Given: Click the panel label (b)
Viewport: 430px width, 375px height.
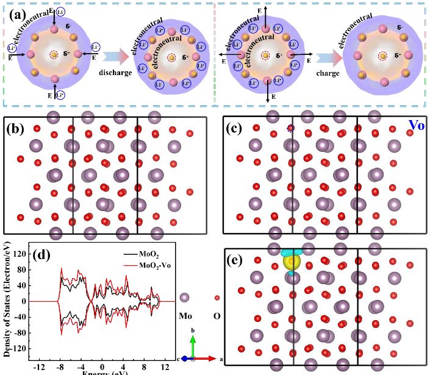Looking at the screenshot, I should [x=18, y=129].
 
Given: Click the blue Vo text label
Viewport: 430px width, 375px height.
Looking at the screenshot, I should [x=417, y=127].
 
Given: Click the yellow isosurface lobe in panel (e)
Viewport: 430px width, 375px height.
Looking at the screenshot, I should [x=295, y=262].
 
